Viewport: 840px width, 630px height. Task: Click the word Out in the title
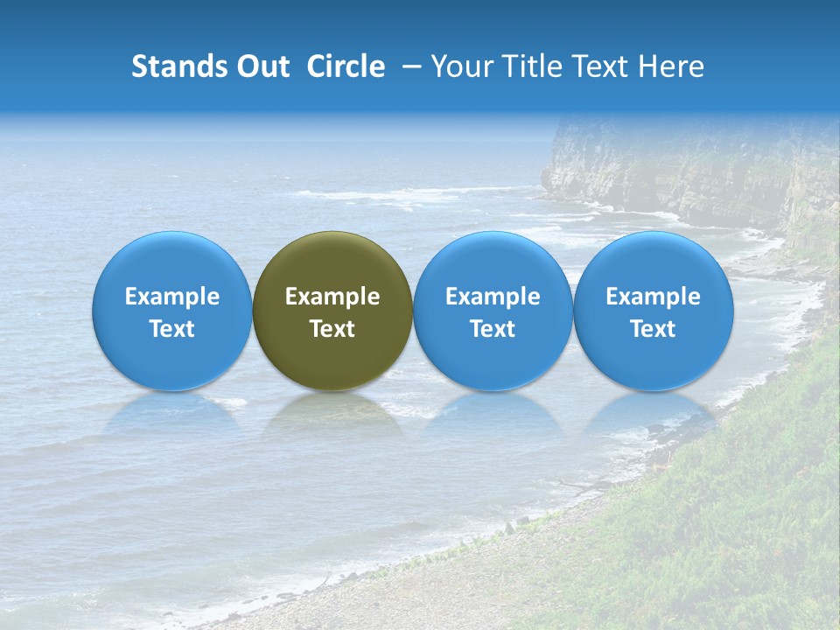[x=261, y=66]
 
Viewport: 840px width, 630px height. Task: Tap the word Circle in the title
[x=346, y=66]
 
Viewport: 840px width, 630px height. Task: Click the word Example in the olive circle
[x=332, y=297]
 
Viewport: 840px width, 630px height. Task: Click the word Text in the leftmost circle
[x=171, y=329]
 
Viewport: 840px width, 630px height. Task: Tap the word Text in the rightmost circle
[x=654, y=329]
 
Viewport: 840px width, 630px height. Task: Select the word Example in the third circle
[x=493, y=297]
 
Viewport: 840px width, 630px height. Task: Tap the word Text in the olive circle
[x=332, y=329]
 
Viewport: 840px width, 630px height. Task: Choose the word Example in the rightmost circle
[x=654, y=297]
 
